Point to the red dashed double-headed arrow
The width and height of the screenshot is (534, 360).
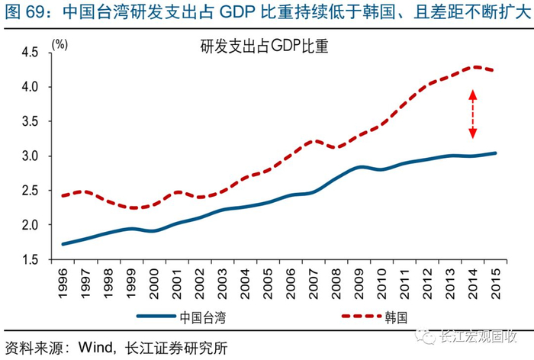(x=472, y=114)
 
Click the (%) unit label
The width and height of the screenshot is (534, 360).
(x=60, y=45)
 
